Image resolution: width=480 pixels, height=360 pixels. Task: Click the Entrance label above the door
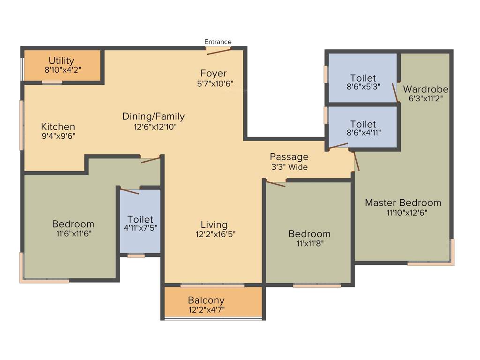218,42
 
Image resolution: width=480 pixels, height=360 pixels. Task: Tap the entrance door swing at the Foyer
219,51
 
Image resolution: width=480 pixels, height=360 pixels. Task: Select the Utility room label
61,60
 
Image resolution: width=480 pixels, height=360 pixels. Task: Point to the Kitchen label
58,127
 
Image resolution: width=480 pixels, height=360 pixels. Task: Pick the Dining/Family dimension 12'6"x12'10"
153,127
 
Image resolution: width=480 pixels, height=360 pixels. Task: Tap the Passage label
289,157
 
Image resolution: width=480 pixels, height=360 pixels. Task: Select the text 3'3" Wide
289,166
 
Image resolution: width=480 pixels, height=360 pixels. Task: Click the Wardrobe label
426,89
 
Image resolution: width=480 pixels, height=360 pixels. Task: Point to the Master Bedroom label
403,203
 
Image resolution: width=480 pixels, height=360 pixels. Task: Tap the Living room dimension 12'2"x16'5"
214,234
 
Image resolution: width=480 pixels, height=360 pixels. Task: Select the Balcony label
206,300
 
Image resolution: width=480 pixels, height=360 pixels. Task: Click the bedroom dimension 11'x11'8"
309,243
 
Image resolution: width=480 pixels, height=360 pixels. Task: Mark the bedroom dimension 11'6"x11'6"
73,233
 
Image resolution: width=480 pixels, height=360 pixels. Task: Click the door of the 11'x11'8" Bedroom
276,183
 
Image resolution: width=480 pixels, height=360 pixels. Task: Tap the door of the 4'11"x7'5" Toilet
129,190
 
